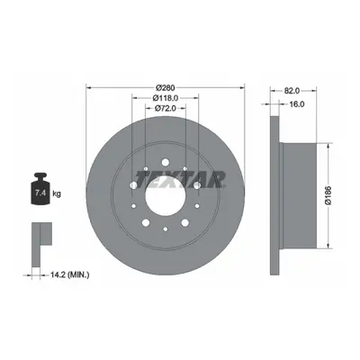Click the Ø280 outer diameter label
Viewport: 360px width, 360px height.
coord(166,87)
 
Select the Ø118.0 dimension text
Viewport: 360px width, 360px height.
coord(166,98)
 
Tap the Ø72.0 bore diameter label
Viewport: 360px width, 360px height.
coord(166,108)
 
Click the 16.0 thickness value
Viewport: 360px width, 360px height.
coord(297,104)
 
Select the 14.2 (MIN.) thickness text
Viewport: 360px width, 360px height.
coord(67,274)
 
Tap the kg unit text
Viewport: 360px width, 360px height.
coord(57,193)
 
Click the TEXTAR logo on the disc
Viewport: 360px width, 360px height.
coord(180,179)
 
